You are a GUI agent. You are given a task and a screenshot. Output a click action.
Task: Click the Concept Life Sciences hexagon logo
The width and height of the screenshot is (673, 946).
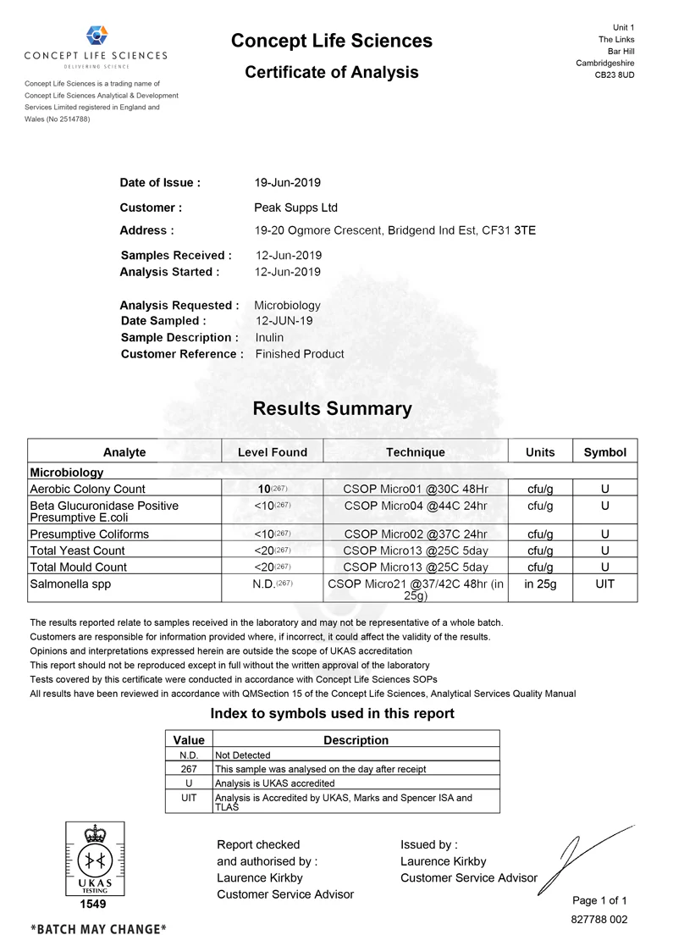point(97,36)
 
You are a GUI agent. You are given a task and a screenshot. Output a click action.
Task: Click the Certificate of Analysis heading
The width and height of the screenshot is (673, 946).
point(332,72)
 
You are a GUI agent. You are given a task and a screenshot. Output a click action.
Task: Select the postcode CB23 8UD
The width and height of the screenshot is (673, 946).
point(614,75)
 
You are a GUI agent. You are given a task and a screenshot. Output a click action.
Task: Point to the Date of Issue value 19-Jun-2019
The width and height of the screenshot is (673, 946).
point(288,182)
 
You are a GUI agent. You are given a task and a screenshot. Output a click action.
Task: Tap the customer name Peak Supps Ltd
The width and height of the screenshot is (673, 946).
point(296,207)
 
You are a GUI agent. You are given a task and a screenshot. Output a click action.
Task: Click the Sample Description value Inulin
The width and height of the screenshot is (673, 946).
point(269,337)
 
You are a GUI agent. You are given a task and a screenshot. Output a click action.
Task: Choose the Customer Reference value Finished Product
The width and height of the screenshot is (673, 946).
point(300,354)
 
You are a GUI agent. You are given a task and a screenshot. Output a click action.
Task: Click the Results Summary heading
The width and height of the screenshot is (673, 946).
point(332,408)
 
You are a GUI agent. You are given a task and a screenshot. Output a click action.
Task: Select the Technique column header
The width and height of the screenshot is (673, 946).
point(415,452)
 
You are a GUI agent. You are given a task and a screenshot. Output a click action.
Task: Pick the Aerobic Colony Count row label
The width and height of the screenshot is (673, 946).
point(87,489)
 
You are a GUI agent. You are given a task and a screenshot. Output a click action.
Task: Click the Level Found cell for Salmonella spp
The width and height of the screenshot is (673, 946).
point(272,585)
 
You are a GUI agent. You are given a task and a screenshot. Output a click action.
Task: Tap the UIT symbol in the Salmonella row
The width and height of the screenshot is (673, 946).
point(604,585)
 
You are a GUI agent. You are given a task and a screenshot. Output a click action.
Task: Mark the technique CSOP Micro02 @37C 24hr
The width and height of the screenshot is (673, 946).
point(415,534)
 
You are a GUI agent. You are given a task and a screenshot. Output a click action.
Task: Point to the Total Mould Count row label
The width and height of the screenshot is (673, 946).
point(78,567)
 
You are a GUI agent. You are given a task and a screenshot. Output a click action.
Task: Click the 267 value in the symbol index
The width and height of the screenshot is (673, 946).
point(189,769)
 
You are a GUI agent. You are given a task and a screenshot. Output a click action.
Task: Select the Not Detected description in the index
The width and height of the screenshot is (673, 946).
point(244,755)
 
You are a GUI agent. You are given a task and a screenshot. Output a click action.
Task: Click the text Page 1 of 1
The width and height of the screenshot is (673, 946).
point(599,900)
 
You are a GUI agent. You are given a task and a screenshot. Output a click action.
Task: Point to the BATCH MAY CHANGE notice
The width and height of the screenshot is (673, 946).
point(98,929)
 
